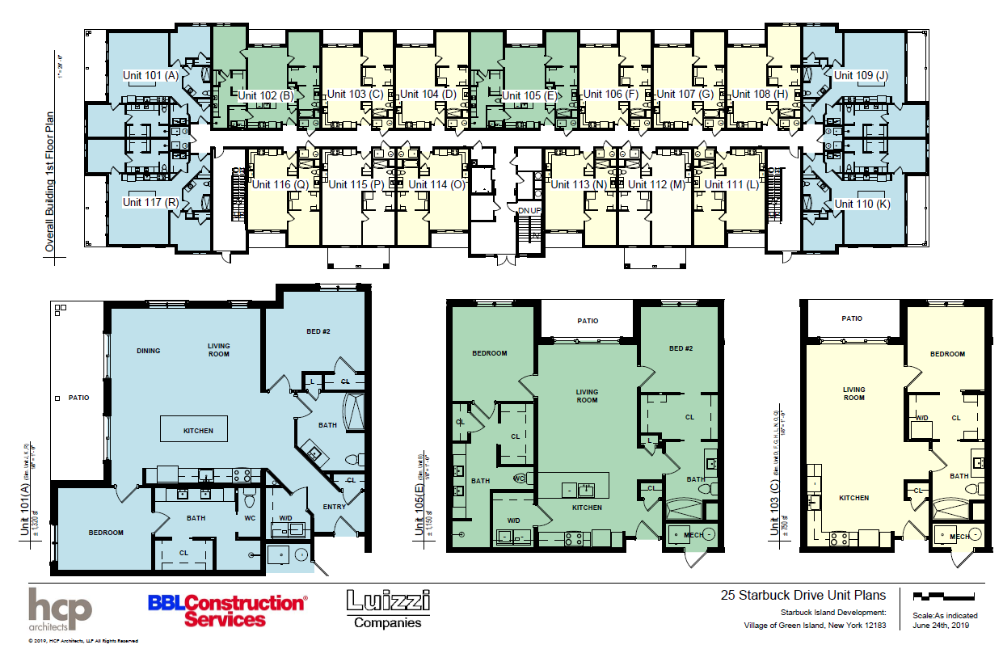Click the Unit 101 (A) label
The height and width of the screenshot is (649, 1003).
(150, 75)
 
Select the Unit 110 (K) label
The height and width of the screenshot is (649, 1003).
(862, 204)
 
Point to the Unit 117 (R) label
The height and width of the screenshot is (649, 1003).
(150, 202)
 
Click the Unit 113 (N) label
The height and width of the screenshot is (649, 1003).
(579, 184)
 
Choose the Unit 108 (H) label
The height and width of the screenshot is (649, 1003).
(760, 94)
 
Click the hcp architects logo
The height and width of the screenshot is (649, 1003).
(60, 609)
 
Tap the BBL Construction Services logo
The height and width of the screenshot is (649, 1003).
(226, 610)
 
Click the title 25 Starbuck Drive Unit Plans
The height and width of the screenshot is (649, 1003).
(803, 596)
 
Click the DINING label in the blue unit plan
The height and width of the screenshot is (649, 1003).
(149, 351)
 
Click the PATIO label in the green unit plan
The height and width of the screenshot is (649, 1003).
(588, 321)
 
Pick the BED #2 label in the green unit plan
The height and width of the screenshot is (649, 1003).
(681, 348)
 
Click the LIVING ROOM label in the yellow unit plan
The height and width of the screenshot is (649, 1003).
(854, 394)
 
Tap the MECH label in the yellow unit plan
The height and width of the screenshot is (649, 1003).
(960, 537)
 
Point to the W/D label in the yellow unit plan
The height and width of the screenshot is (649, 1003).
(921, 418)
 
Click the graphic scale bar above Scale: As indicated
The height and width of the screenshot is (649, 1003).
(942, 597)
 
